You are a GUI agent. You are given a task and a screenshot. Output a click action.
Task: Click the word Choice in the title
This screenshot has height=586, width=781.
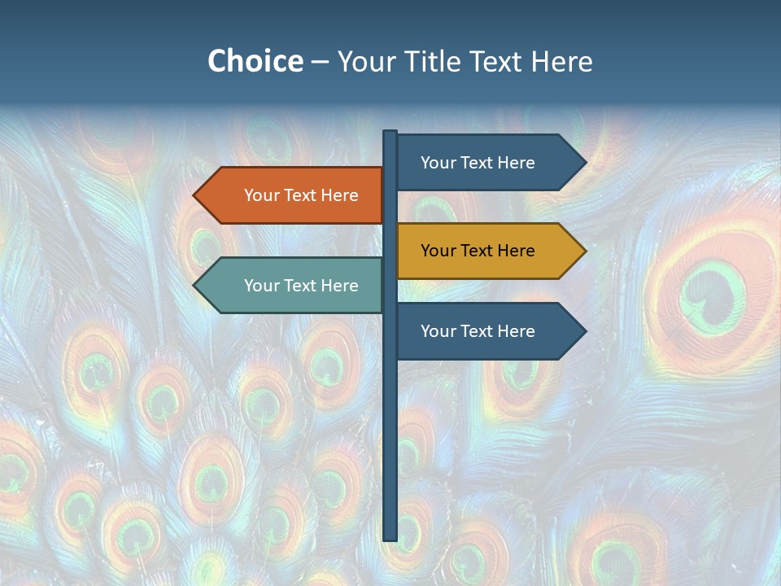coord(255,61)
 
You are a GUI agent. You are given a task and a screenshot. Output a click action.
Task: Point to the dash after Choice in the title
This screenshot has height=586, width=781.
coord(320,63)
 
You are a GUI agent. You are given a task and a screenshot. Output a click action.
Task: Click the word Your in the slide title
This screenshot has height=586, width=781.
coord(365,61)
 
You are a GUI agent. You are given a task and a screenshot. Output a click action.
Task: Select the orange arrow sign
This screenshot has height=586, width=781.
coord(293,195)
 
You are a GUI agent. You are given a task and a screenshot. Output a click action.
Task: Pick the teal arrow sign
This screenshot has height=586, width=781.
coord(293,286)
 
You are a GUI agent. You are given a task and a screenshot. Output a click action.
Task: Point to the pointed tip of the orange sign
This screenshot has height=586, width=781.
coord(195,195)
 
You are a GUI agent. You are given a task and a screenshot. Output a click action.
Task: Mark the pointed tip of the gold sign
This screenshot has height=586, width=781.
coord(584,251)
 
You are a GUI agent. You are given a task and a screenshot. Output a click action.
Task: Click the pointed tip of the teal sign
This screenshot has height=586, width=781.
coord(195,286)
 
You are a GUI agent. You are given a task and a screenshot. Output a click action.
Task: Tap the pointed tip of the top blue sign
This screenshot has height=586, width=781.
coord(584,163)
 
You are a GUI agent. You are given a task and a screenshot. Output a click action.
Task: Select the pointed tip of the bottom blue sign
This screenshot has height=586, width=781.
coord(584,331)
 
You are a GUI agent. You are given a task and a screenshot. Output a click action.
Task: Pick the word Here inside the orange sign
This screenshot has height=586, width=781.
coord(339,195)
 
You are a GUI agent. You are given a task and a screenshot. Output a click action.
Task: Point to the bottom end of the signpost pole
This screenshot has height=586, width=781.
coord(390,538)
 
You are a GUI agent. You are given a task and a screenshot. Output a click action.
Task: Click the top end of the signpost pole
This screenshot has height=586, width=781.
coord(390,133)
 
